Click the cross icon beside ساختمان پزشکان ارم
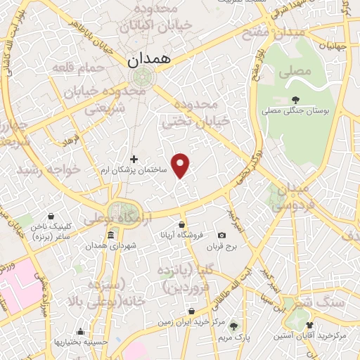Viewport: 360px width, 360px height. (134, 159)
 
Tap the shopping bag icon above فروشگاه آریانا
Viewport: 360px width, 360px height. (181, 225)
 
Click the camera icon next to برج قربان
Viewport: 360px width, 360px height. (222, 235)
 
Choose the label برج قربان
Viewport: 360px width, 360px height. (223, 247)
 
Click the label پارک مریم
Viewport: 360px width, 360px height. (233, 337)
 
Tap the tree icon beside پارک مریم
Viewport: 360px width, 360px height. (234, 326)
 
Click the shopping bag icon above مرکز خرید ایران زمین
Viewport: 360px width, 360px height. (192, 311)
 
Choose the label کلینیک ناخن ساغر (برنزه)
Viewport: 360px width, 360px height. (51, 233)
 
